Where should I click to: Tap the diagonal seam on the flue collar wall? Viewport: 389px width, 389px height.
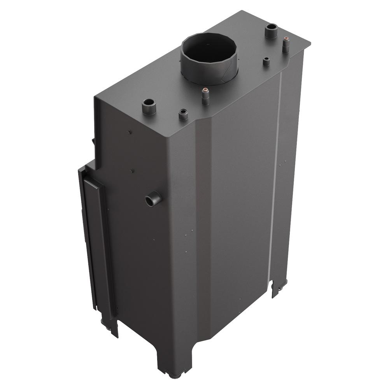pos(225,72)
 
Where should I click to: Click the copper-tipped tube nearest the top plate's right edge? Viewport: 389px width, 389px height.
pos(286,44)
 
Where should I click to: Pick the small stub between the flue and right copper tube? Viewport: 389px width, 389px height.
pos(266,61)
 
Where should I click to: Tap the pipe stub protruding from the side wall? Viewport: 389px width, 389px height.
pos(153,200)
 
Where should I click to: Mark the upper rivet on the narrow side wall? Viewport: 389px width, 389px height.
pos(130,133)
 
